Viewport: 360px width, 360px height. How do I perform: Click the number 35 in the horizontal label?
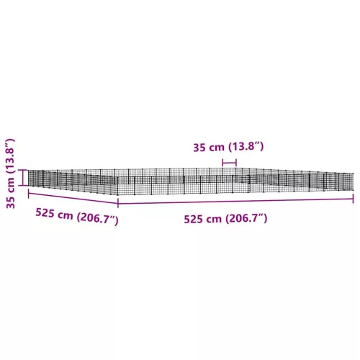click(199, 148)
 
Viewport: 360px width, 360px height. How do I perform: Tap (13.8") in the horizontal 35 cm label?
click(246, 146)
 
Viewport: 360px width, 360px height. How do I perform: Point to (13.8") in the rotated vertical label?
click(10, 156)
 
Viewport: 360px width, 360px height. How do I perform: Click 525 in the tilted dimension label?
click(45, 212)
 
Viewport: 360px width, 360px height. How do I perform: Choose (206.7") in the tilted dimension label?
click(97, 219)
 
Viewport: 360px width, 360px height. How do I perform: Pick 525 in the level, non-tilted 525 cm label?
click(193, 220)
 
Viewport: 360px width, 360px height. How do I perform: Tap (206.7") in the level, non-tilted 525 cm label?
click(246, 218)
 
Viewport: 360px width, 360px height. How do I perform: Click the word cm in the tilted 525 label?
click(64, 215)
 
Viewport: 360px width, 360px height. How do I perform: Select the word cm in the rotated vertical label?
click(11, 185)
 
